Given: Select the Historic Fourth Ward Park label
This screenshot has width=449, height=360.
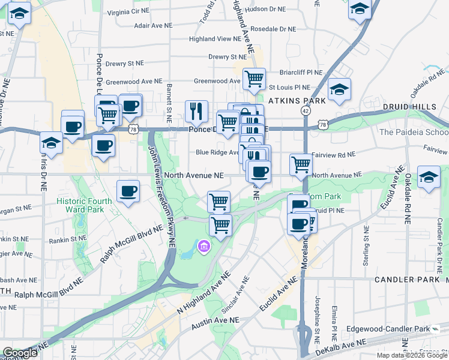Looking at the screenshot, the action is (x=84, y=205).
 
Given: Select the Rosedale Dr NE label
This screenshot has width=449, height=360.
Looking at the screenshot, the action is (x=273, y=29).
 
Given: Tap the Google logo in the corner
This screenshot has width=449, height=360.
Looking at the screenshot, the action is (x=19, y=353).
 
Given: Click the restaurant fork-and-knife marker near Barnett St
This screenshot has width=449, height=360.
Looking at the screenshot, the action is (x=196, y=110).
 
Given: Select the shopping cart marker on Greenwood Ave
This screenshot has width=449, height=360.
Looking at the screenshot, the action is (x=255, y=78).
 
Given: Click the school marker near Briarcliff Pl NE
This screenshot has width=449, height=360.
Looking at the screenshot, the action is (x=339, y=90).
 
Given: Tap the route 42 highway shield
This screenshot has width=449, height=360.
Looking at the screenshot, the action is (x=306, y=111).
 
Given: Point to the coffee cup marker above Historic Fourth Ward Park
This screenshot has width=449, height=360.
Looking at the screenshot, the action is (x=128, y=191).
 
